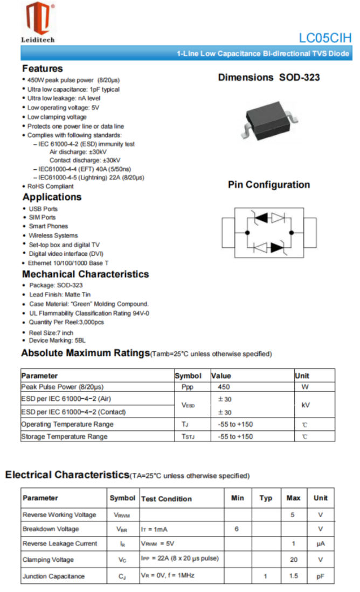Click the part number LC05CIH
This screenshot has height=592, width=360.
(x=325, y=38)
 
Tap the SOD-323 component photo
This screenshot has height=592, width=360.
(x=268, y=115)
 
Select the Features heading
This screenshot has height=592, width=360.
(x=43, y=68)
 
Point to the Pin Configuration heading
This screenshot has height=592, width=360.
(x=269, y=185)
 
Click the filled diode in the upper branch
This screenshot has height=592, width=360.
(x=262, y=218)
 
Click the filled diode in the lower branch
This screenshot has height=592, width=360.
(x=278, y=247)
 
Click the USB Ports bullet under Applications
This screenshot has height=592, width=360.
(x=43, y=208)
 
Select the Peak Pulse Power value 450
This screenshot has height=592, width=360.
(x=224, y=387)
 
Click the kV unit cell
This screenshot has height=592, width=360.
(x=304, y=405)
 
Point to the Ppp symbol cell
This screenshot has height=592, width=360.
(x=188, y=387)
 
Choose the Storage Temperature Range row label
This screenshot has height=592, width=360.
(x=64, y=437)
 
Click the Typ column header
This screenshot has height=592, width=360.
(x=266, y=498)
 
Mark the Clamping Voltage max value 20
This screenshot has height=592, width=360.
(x=294, y=560)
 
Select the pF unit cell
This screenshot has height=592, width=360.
(x=321, y=576)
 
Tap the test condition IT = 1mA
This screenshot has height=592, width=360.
(x=156, y=529)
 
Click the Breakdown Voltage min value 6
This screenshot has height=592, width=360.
(x=237, y=529)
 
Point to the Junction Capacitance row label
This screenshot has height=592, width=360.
(x=53, y=576)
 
